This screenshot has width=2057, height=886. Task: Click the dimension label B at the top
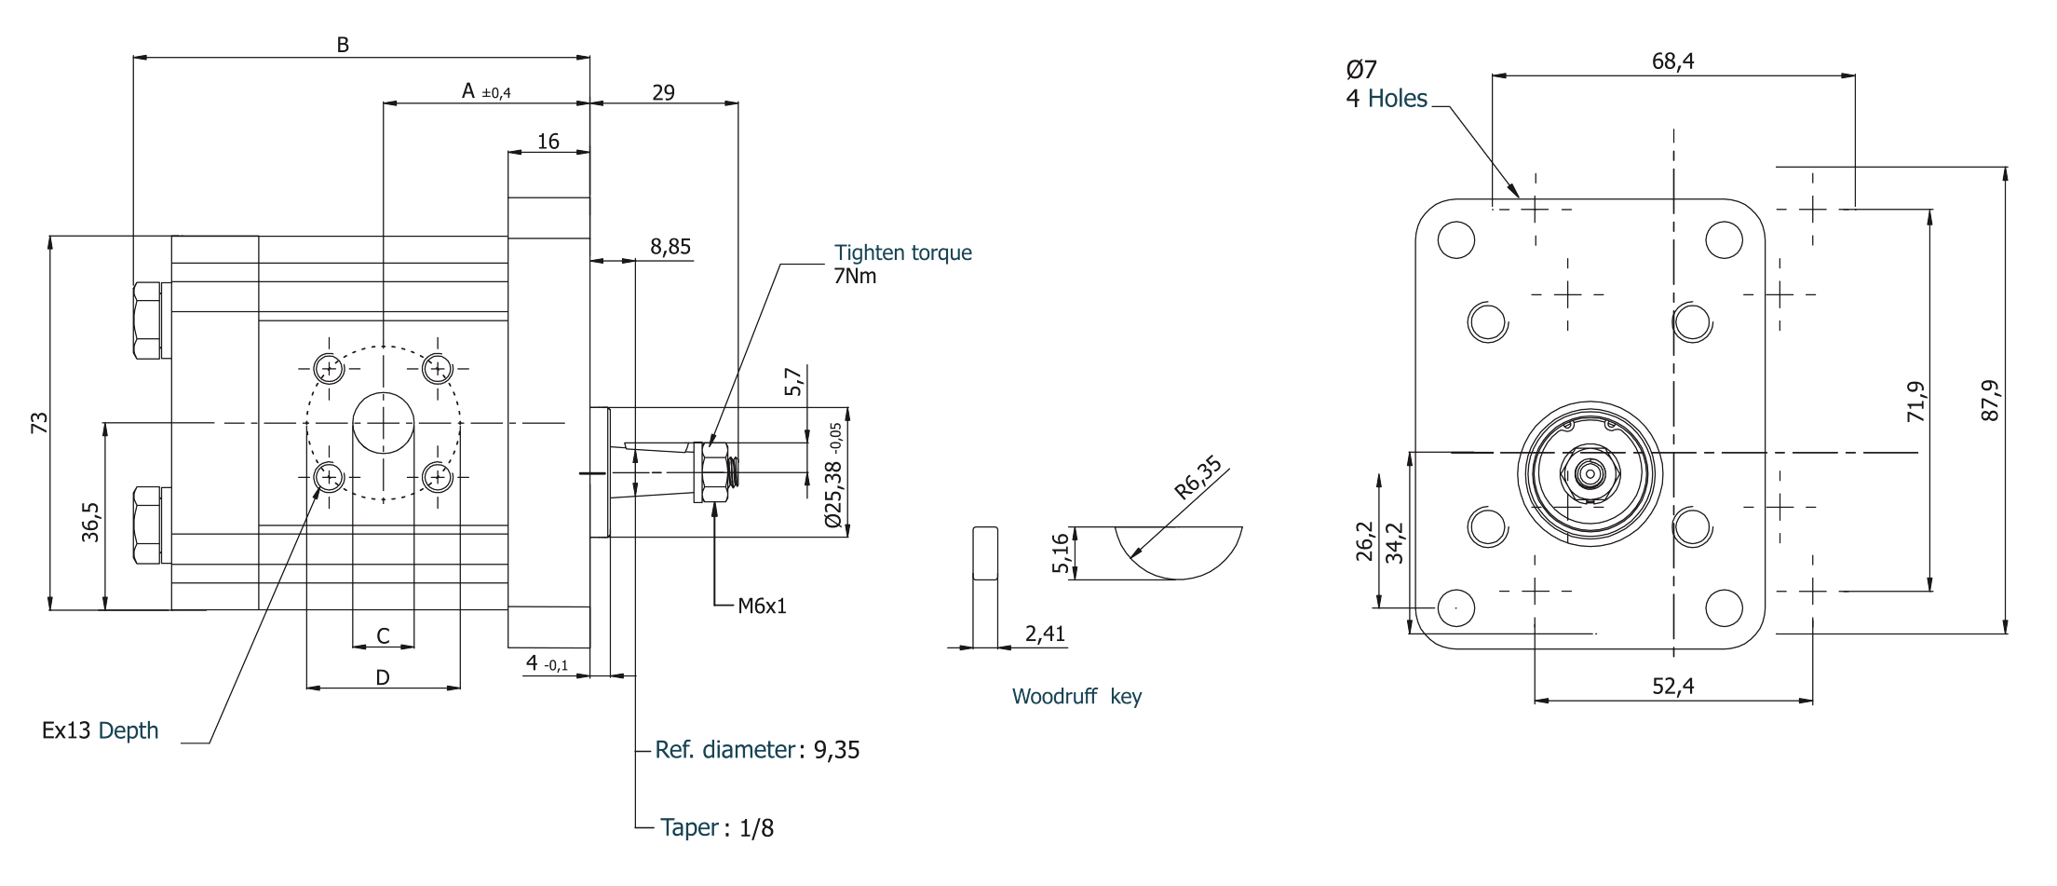[x=343, y=45]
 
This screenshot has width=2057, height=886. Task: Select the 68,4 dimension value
[x=1672, y=61]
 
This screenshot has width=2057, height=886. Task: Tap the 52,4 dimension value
[x=1672, y=687]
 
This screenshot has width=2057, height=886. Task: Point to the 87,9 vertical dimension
[x=1990, y=401]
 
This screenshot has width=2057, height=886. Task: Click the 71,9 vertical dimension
[x=1915, y=402]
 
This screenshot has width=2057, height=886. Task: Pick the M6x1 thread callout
[x=762, y=607]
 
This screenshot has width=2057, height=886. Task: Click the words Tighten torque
[x=902, y=252]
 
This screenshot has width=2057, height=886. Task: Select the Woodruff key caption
[x=1076, y=697]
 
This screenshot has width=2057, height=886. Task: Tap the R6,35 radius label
[x=1198, y=477]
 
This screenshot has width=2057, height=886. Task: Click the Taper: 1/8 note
[x=716, y=827]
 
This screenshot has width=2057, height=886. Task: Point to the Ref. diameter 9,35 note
[x=756, y=750]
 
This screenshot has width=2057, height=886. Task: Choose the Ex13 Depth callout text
[x=100, y=730]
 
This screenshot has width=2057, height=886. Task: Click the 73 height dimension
[x=39, y=423]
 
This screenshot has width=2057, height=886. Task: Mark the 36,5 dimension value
[x=90, y=522]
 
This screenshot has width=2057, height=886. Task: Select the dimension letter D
[x=383, y=677]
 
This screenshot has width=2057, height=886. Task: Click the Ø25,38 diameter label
[x=833, y=476]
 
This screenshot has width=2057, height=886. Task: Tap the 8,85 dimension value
[x=670, y=247]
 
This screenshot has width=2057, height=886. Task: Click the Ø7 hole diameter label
[x=1360, y=70]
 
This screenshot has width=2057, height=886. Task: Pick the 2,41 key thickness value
[x=1045, y=634]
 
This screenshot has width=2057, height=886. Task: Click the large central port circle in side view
[x=383, y=423]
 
